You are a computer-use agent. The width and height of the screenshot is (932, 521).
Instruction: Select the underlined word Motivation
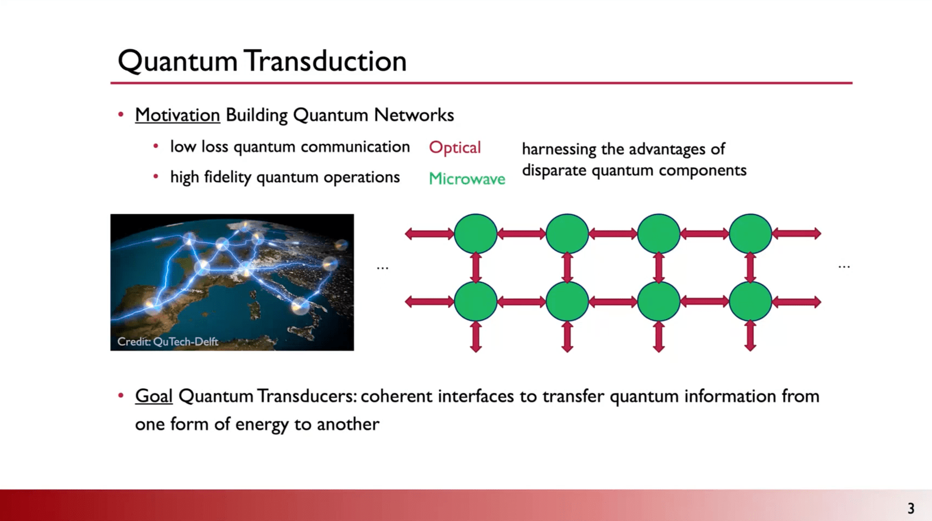coord(178,115)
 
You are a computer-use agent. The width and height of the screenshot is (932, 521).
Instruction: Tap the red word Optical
coord(455,148)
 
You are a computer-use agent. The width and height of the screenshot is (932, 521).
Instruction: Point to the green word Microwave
coord(467,179)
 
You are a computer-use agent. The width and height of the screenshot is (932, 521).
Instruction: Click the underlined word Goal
coord(153,396)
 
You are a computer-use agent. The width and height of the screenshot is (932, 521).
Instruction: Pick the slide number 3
coord(911,509)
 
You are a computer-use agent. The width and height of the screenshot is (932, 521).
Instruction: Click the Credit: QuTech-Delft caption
coord(167,342)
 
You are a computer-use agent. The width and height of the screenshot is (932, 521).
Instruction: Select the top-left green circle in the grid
coord(475,233)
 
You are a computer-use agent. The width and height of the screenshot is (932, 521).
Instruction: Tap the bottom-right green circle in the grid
coord(750,301)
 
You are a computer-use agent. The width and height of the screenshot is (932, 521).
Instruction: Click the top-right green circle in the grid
coord(750,233)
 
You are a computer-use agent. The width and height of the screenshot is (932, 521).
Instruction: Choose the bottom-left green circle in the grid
coord(475,301)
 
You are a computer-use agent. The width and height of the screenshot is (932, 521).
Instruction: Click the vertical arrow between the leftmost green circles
coord(476,268)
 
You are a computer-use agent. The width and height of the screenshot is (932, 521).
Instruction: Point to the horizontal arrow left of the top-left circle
coord(430,233)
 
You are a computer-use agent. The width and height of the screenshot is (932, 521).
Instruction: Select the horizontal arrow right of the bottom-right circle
coord(796,302)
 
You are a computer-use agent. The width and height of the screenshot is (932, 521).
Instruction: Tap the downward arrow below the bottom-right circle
coord(750,336)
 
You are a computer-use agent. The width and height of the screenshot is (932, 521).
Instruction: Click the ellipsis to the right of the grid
coord(844,267)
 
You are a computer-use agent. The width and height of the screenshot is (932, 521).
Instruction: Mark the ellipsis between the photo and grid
coord(382,268)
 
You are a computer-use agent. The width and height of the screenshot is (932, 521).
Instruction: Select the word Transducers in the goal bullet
coord(307,396)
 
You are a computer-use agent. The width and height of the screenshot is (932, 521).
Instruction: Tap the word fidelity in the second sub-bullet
coord(228,178)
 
